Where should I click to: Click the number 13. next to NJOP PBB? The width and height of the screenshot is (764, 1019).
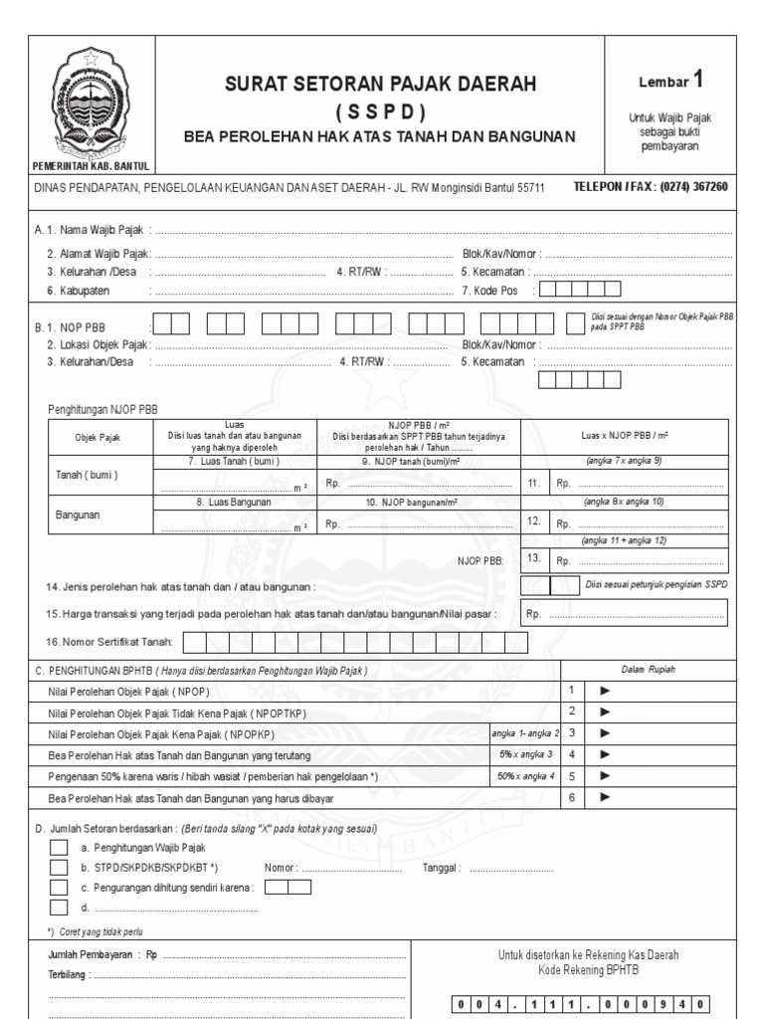[x=534, y=559]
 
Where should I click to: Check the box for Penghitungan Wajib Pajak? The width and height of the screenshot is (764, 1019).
[x=59, y=848]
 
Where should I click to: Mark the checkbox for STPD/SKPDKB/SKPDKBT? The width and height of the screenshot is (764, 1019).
[x=59, y=868]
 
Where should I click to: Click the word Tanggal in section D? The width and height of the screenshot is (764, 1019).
[x=442, y=868]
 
